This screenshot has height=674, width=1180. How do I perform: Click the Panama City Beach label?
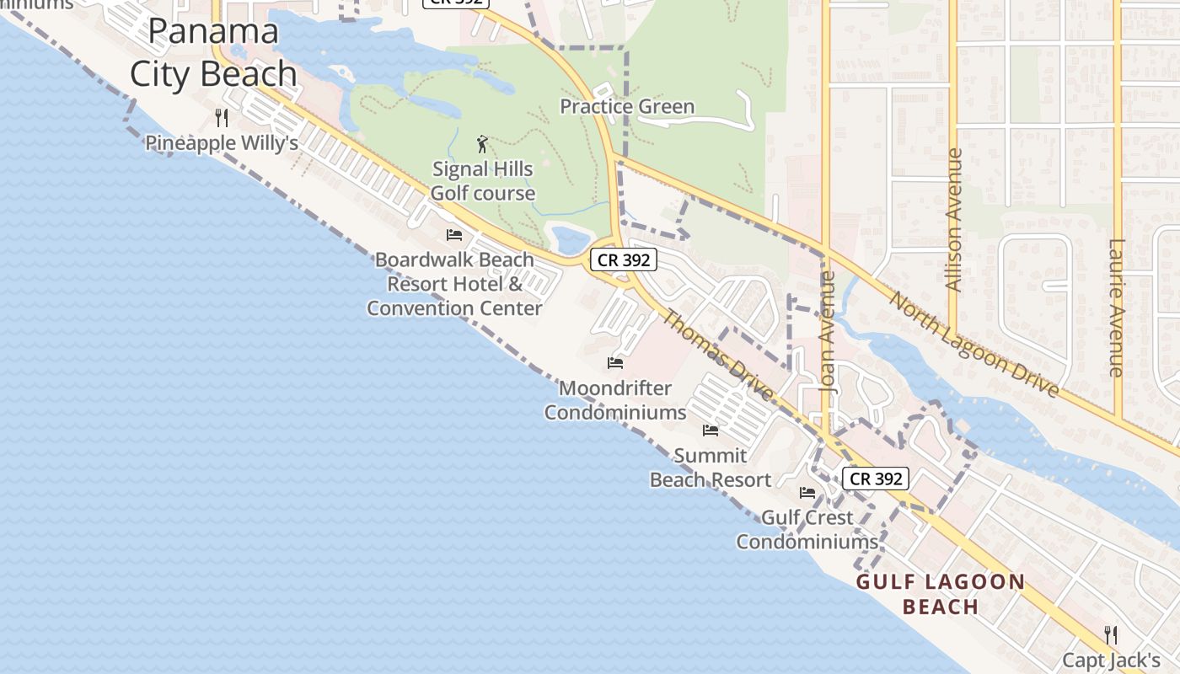213,53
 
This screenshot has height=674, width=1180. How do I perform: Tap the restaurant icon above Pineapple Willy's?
222,117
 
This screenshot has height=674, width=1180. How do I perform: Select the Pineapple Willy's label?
222,143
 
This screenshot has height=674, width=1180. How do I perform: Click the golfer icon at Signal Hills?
482,144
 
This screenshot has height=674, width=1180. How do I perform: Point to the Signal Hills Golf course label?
483,181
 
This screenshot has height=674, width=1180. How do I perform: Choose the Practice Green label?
627,106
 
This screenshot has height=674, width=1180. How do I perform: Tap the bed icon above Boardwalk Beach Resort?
454,234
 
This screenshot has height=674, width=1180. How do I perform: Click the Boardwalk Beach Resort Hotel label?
454,284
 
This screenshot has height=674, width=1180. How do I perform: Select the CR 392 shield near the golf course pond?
624,259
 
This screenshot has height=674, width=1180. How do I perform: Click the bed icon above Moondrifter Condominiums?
615,363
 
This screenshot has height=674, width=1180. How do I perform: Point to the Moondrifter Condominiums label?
615,400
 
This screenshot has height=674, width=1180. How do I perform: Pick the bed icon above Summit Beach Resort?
711,431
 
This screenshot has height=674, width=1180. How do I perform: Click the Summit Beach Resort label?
711,468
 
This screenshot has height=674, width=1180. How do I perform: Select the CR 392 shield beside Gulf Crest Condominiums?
877,479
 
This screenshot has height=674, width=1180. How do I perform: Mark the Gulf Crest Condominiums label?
807,529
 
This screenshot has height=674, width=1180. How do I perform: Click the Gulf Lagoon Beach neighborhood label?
941,594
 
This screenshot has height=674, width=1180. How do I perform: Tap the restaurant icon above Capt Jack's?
1111,634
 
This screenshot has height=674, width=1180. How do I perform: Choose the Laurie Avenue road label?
1117,308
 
